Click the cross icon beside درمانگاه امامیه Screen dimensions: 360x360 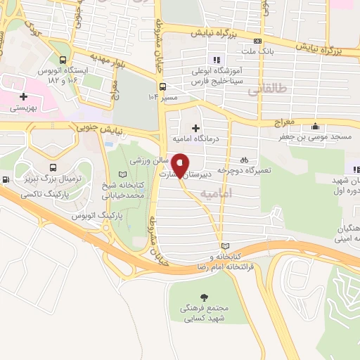coord(195,127)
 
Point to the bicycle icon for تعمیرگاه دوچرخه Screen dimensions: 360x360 coord(244,159)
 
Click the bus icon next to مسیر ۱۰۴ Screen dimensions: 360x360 coord(163,86)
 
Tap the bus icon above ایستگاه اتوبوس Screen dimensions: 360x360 coord(64,60)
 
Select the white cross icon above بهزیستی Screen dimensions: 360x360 coord(25,96)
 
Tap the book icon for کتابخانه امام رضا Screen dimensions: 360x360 coord(225,246)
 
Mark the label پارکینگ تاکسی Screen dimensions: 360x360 coord(41,192)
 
